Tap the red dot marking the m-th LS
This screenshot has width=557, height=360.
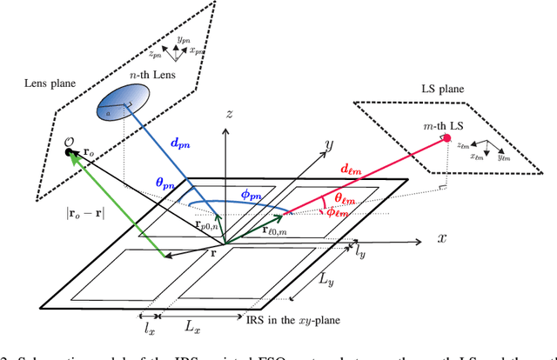(x=446, y=138)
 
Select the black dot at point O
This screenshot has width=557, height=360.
(x=69, y=153)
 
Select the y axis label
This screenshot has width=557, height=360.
(x=330, y=144)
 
